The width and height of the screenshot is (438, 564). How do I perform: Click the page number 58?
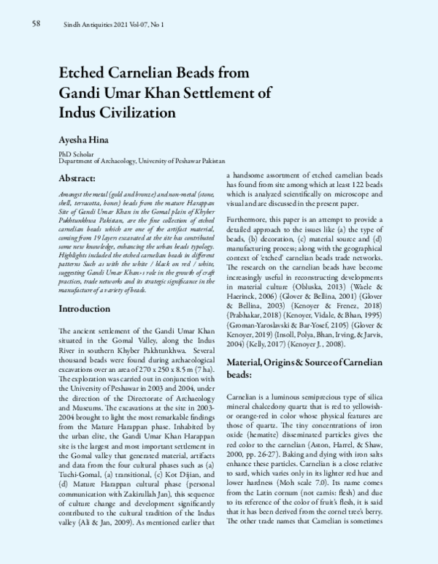tap(35, 24)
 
